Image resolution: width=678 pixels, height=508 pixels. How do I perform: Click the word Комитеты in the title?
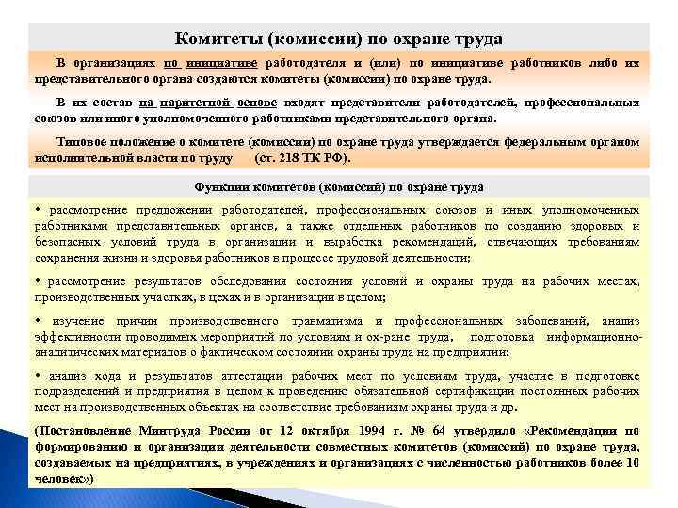tap(218, 39)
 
